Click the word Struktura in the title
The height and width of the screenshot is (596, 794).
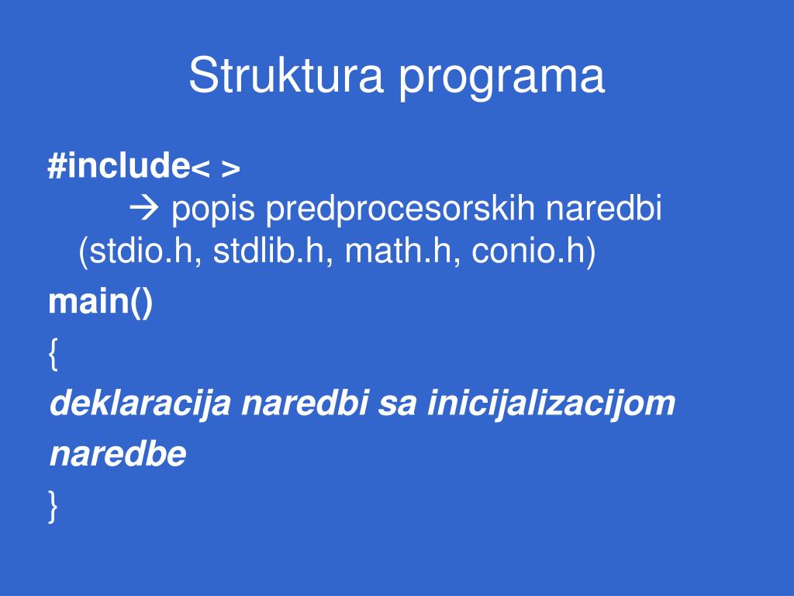pyautogui.click(x=285, y=75)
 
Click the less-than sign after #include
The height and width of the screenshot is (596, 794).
pyautogui.click(x=200, y=169)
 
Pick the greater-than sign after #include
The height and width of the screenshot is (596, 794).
pyautogui.click(x=231, y=169)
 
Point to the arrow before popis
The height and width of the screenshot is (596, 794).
pyautogui.click(x=143, y=208)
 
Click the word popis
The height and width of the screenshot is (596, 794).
pyautogui.click(x=212, y=210)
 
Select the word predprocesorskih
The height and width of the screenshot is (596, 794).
pyautogui.click(x=400, y=210)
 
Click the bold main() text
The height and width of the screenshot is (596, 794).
pyautogui.click(x=100, y=302)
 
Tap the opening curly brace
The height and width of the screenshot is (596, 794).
pyautogui.click(x=54, y=354)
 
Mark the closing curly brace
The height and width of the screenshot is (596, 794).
pyautogui.click(x=54, y=506)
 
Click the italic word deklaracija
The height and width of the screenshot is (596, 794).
pyautogui.click(x=140, y=404)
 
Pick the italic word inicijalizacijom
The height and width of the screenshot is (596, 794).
pyautogui.click(x=551, y=404)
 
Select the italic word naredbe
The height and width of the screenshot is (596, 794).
pyautogui.click(x=118, y=453)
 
